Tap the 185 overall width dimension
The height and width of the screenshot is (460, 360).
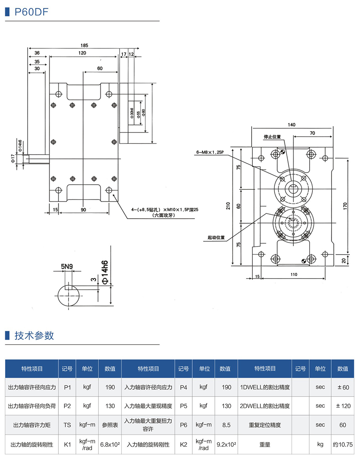84,45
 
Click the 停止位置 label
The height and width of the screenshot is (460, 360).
272,137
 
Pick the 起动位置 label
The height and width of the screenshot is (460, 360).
216,237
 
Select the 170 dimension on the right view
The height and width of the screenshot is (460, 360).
345,206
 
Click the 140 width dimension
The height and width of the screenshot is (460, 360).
292,125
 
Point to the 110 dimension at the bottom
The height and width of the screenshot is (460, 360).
294,275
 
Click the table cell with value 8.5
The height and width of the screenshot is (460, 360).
226,425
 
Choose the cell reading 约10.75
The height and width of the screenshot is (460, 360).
343,444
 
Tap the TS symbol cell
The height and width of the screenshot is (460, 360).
67,425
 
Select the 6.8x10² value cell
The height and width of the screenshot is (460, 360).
110,444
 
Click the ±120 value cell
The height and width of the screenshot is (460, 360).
343,406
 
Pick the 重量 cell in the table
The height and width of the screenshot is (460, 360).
265,444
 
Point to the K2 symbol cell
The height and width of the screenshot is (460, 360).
184,444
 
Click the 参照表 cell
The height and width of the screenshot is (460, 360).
110,425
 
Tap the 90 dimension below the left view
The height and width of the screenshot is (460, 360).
83,209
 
